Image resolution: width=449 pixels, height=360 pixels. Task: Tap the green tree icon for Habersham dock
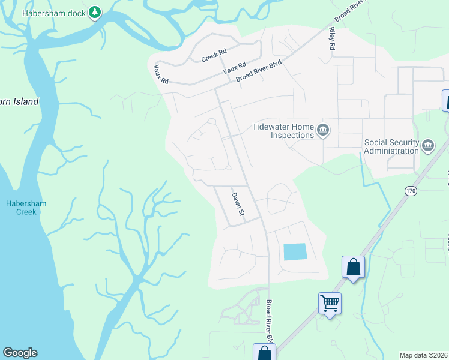[94, 12]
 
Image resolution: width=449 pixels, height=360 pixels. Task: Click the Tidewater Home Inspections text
[283, 131]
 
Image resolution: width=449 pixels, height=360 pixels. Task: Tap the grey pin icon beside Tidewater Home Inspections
[324, 130]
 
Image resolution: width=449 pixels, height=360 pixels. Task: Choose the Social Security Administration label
[391, 146]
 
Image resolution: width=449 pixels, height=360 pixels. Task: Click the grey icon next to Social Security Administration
[428, 146]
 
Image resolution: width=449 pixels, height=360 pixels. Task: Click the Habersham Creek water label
[26, 208]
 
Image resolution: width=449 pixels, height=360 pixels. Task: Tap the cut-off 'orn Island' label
[19, 101]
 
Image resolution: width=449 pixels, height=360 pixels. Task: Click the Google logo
[20, 353]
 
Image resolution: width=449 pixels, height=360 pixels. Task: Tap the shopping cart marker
[330, 303]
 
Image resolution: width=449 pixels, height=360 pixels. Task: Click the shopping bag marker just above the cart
[353, 266]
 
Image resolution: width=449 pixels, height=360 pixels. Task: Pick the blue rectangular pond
[294, 251]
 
